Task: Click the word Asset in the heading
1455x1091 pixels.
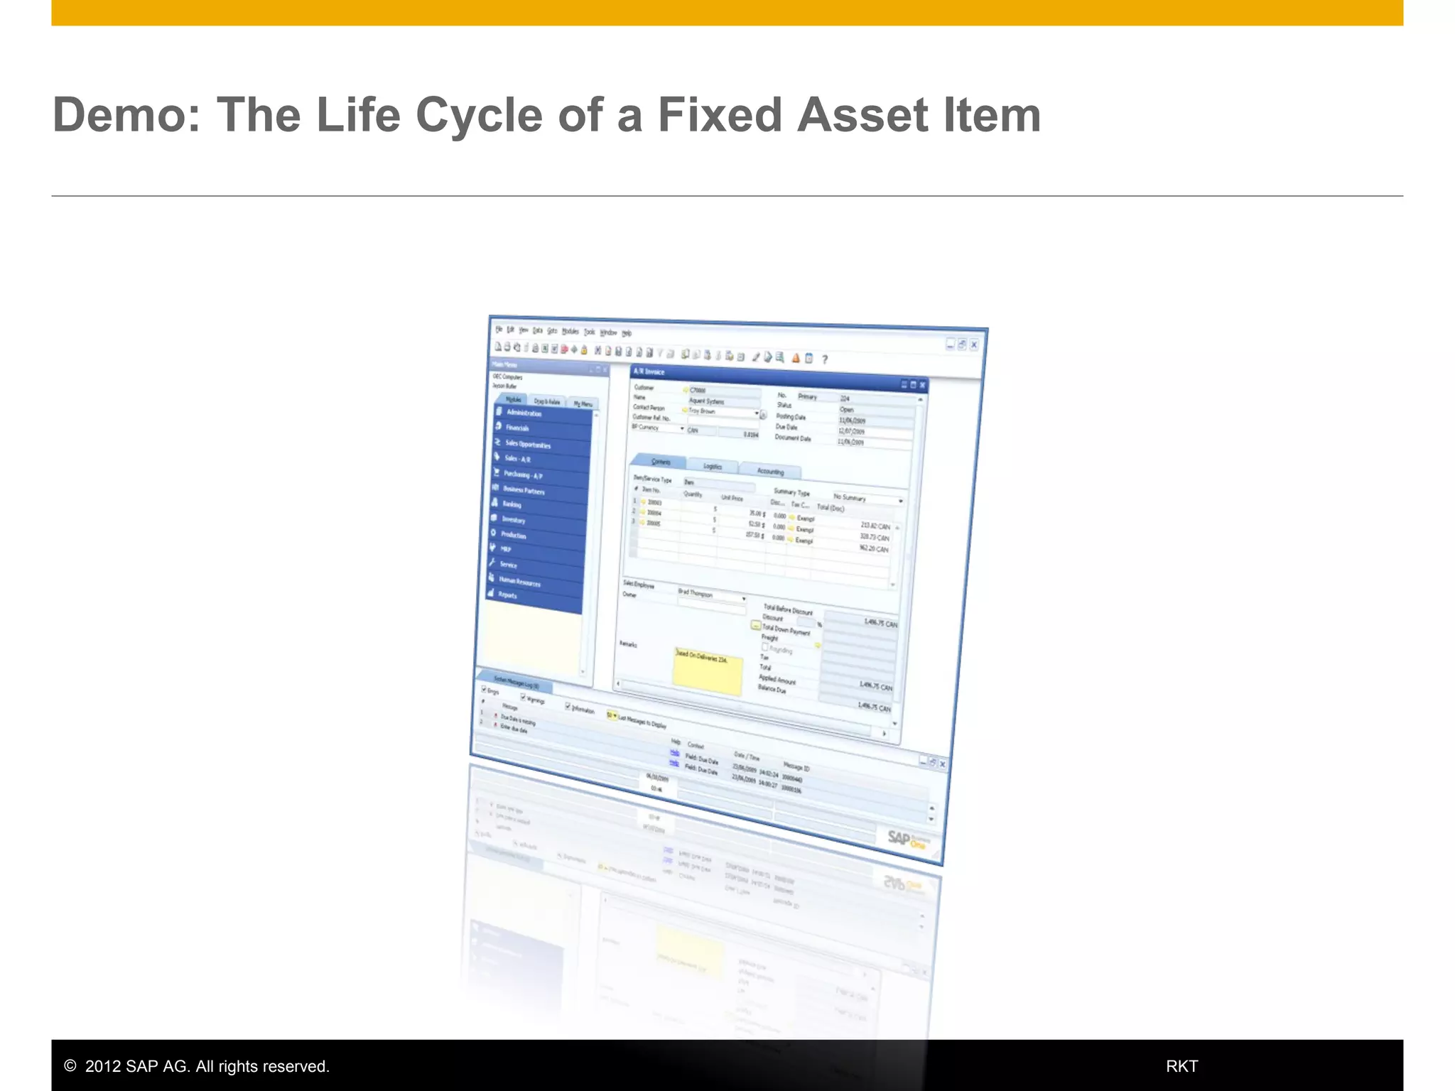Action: point(862,115)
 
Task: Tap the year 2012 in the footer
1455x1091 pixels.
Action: point(102,1066)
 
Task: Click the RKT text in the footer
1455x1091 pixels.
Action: point(1181,1066)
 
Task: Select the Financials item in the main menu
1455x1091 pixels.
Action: point(517,428)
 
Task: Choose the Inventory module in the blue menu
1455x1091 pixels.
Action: point(514,520)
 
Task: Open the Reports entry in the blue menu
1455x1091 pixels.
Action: point(507,595)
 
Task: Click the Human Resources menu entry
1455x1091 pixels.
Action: point(519,582)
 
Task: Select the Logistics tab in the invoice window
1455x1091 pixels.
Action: point(713,467)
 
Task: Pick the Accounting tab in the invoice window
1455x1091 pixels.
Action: point(770,472)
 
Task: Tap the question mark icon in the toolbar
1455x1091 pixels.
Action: point(825,359)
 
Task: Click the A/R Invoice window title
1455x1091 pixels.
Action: point(649,372)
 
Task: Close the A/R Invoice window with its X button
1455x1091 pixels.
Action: point(922,385)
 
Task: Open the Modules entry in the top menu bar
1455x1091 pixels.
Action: point(570,332)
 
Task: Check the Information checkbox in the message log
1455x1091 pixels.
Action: point(568,706)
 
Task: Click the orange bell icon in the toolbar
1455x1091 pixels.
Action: point(796,358)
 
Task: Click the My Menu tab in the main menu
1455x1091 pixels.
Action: point(583,403)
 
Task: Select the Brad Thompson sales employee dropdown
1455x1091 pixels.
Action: point(710,595)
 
